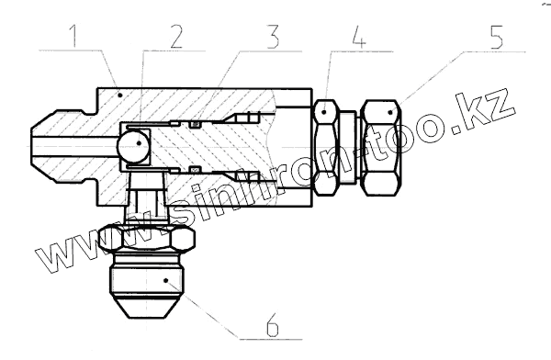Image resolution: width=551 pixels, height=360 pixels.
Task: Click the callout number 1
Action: pyautogui.click(x=73, y=36)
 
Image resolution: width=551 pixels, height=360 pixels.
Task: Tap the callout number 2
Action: pyautogui.click(x=176, y=36)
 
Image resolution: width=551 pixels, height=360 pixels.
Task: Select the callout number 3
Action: pyautogui.click(x=273, y=36)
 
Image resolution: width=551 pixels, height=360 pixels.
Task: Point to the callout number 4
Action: pyautogui.click(x=358, y=36)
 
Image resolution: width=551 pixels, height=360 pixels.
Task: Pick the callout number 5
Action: pyautogui.click(x=496, y=36)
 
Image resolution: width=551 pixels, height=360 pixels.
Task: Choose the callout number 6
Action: pyautogui.click(x=273, y=324)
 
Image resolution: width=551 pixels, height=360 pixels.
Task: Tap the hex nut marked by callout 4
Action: pyautogui.click(x=326, y=147)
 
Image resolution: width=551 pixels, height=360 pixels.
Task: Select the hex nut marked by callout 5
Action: pyautogui.click(x=381, y=148)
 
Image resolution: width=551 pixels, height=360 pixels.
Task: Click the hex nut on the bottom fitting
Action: pyautogui.click(x=146, y=239)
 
